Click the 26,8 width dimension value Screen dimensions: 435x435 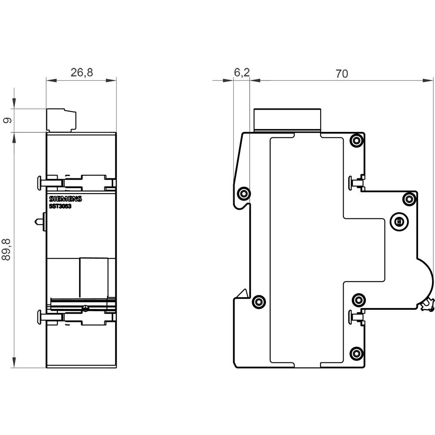click(x=82, y=73)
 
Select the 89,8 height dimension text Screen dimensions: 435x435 click(x=6, y=249)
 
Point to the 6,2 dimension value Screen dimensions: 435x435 click(x=241, y=73)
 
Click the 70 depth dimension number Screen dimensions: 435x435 click(x=342, y=74)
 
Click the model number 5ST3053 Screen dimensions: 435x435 click(x=60, y=207)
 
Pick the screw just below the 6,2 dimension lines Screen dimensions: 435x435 click(x=244, y=193)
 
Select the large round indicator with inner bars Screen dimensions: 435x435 click(x=398, y=222)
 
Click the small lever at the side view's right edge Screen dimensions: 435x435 click(x=427, y=305)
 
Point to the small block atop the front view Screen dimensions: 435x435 click(x=61, y=120)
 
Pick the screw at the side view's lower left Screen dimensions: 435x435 click(x=259, y=301)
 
